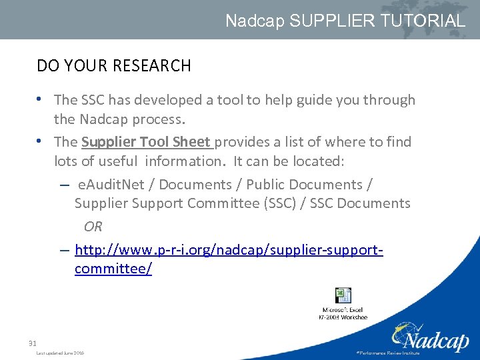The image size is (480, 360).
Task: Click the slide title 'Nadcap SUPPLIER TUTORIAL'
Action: (345, 21)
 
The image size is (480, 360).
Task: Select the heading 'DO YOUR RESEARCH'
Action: (114, 66)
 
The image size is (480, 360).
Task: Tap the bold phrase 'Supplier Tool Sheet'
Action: (146, 142)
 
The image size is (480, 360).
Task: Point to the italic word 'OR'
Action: (93, 227)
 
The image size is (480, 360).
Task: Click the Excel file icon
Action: (343, 295)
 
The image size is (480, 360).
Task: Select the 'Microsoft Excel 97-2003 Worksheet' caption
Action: (345, 313)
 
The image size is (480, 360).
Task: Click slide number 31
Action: (32, 343)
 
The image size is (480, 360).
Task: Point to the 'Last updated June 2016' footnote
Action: (60, 353)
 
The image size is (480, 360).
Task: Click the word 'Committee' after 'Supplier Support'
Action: (217, 203)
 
